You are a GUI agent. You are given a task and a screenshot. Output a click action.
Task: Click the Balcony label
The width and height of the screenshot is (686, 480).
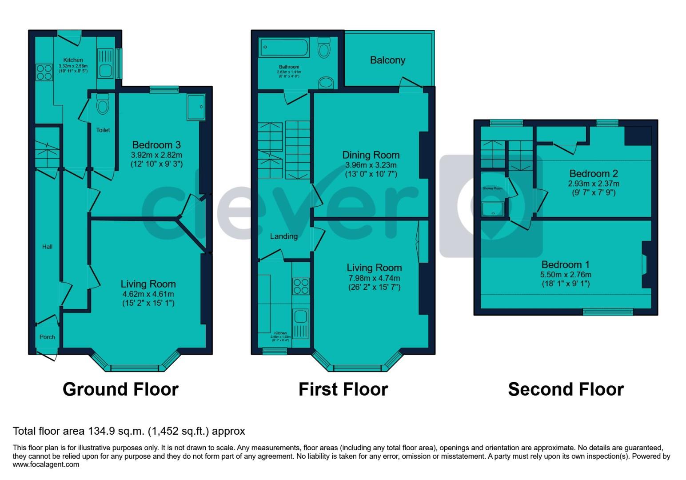click(x=387, y=60)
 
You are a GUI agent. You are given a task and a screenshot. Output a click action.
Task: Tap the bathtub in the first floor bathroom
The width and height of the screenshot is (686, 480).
click(x=284, y=46)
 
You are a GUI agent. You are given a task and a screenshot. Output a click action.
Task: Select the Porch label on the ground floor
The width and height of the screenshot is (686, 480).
click(x=47, y=337)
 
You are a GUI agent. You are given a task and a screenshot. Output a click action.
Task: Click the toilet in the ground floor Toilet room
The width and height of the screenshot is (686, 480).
click(x=103, y=105)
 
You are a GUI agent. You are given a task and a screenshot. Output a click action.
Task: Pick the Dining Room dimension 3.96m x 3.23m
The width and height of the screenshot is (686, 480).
click(x=371, y=165)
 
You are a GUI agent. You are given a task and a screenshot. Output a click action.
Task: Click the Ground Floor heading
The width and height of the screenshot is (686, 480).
click(x=120, y=389)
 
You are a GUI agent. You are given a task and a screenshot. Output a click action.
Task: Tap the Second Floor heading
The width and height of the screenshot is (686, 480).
click(x=566, y=389)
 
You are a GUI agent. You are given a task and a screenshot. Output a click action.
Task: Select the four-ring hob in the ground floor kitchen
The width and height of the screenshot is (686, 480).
click(x=44, y=72)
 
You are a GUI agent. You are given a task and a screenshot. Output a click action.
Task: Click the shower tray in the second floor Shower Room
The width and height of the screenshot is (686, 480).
click(x=493, y=208)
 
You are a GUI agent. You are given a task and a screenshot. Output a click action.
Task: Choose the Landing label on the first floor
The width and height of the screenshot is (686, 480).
click(x=283, y=236)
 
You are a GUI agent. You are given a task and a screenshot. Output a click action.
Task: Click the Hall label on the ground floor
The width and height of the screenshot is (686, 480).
click(x=47, y=247)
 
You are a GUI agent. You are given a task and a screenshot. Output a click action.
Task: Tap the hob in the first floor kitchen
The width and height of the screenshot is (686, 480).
click(x=301, y=286)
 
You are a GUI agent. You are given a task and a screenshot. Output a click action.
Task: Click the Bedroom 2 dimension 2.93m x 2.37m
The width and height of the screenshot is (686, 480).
click(x=594, y=184)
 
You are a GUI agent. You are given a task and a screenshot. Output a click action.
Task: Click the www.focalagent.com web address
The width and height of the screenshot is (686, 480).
click(x=46, y=465)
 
